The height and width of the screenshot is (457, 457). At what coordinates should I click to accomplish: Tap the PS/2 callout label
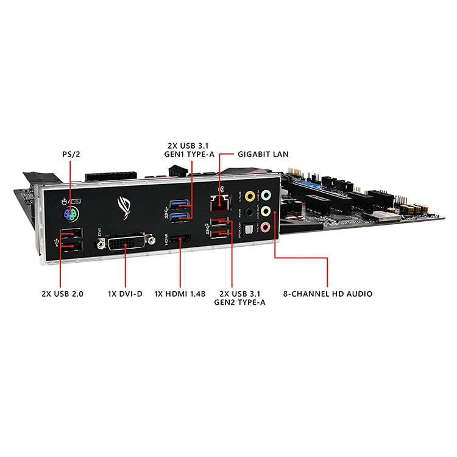[x=71, y=155]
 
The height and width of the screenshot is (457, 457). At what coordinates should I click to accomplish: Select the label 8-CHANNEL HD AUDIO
[x=328, y=294]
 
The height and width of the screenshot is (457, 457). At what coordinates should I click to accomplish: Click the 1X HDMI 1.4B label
[x=181, y=294]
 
